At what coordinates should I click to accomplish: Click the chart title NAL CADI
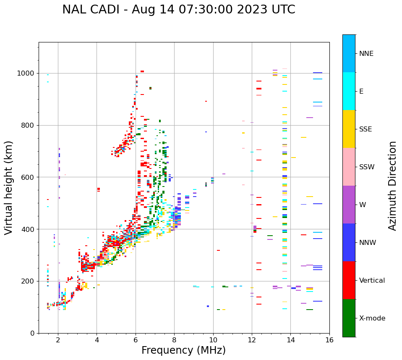coord(178,10)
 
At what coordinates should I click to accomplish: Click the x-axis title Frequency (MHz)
coord(183,350)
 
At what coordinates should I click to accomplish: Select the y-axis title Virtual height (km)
coord(9,187)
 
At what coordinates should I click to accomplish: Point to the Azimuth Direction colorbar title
coord(392,186)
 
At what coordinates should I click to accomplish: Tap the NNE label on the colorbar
coord(366,54)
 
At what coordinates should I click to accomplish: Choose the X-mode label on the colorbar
coord(372,318)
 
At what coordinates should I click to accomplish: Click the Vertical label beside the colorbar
coord(372,281)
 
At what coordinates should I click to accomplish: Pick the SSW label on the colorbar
coord(367,167)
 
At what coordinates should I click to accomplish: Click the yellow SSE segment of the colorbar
coord(349,129)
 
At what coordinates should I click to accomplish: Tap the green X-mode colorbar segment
coord(349,318)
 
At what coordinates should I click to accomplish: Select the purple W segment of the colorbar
coord(349,205)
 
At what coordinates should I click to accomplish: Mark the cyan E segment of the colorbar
coord(349,91)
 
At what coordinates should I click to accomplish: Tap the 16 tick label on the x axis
coord(329,340)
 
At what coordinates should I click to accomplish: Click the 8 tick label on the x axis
coord(174,340)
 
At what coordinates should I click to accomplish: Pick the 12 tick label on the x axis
coord(252,340)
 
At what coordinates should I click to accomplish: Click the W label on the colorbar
coord(363,205)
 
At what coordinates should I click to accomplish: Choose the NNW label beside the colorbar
coord(368,243)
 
